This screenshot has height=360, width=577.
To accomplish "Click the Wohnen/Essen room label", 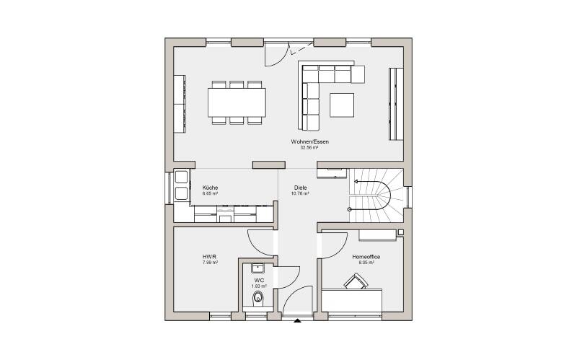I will click(309, 141).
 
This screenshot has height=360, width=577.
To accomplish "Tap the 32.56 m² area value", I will click(309, 147).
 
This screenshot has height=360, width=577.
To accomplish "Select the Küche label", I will click(210, 188).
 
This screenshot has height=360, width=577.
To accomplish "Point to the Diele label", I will click(299, 188).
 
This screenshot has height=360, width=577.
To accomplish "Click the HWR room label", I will click(210, 257).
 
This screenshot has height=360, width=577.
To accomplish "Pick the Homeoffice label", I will click(366, 257).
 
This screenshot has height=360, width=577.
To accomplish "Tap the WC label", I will click(259, 280).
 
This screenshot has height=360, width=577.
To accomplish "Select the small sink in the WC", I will click(258, 267).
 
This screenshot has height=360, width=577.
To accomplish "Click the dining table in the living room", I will click(237, 102).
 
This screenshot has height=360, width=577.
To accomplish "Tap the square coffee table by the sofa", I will click(343, 104).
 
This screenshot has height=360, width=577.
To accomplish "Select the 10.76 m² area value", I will click(299, 193).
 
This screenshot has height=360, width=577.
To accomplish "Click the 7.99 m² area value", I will click(210, 263).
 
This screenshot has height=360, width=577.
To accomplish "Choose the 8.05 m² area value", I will click(366, 263).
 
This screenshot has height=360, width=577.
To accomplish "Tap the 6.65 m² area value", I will click(210, 193).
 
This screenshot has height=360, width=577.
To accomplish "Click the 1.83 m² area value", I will click(259, 286).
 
